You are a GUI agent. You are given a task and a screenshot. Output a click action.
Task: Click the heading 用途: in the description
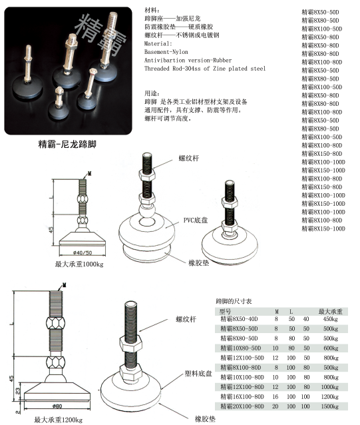click(152, 93)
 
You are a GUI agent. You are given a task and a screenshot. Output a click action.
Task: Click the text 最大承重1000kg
click(79, 264)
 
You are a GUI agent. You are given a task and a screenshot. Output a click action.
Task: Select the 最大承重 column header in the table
click(330, 311)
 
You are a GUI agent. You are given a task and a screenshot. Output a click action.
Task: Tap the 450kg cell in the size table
click(330, 320)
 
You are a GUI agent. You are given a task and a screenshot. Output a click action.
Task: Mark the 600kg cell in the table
click(330, 348)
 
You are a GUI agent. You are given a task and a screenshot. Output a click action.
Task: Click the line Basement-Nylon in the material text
click(167, 51)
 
